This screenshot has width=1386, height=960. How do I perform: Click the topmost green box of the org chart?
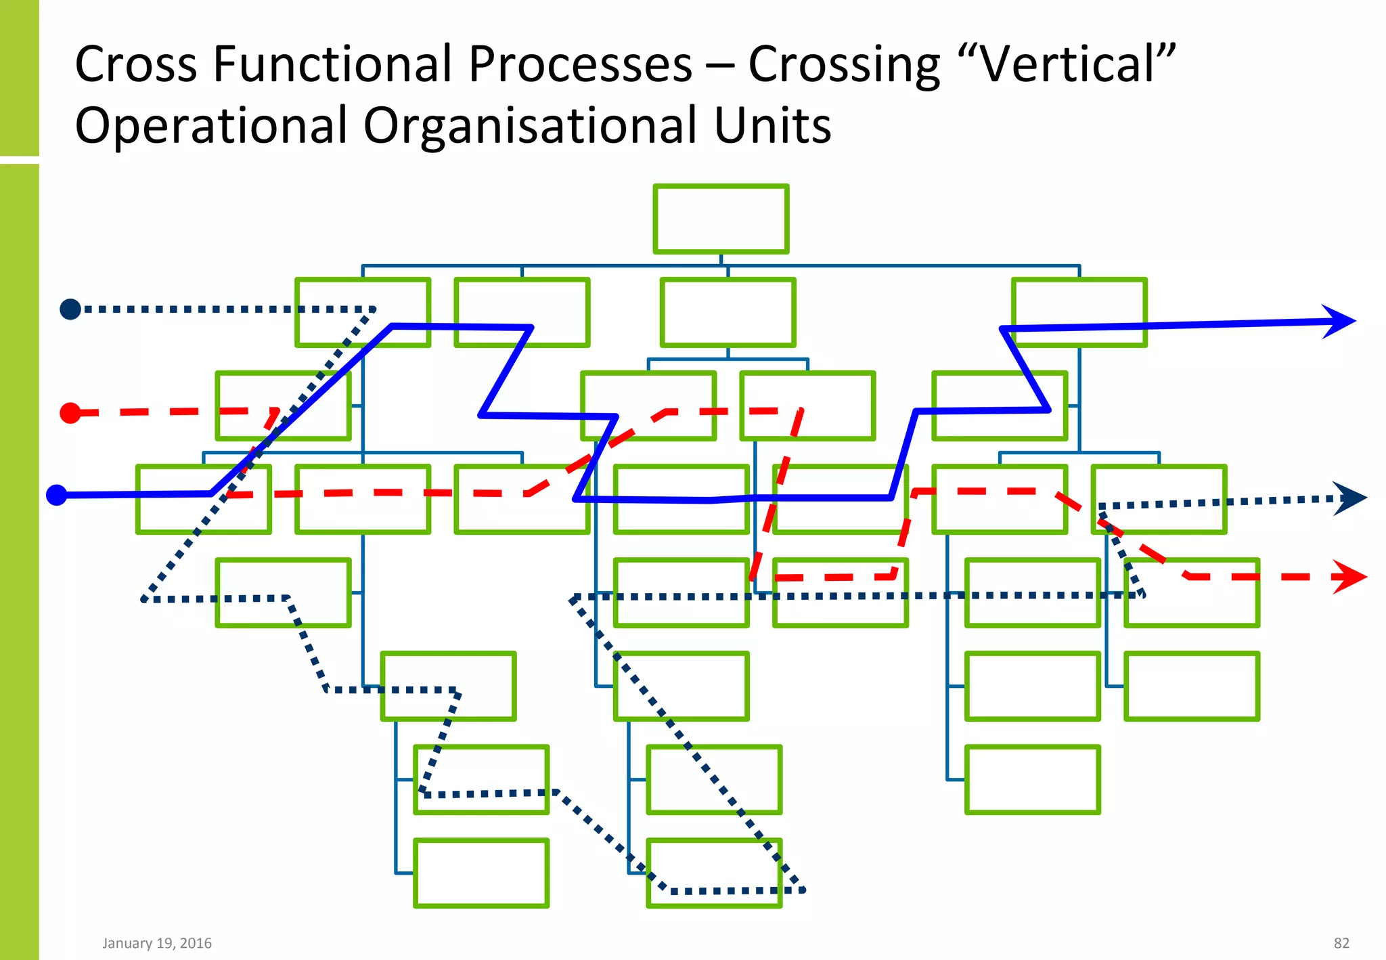coord(721,219)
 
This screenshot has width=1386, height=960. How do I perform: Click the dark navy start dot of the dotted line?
coord(70,309)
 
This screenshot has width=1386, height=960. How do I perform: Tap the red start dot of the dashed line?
coord(70,413)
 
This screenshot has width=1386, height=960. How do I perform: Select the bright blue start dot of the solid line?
coord(57,496)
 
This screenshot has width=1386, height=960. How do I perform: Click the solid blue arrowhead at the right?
coord(1341,322)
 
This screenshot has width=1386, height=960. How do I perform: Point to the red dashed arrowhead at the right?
coord(1350,577)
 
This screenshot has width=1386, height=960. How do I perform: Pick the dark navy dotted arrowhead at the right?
coord(1351,499)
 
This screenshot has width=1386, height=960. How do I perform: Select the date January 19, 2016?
coord(157,943)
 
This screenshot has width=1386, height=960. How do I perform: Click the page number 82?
coord(1341,943)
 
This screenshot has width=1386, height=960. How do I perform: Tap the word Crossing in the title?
coord(844,64)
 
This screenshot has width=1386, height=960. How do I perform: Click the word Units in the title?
coord(772,126)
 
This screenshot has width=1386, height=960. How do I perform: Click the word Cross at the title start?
coord(135,64)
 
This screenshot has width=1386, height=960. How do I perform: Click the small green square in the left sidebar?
coord(19,78)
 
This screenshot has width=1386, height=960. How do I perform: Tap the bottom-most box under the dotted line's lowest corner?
coord(714,873)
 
